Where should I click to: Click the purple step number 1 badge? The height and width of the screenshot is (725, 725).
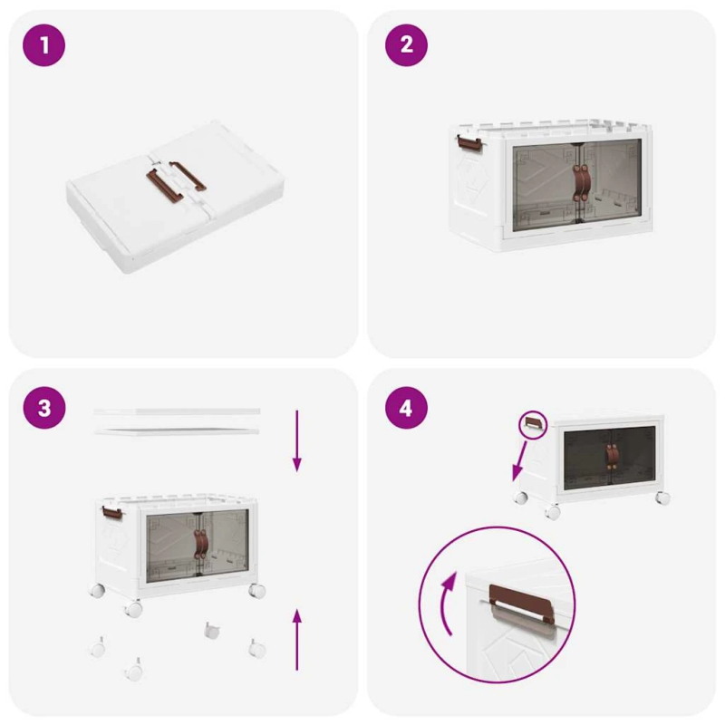click(x=43, y=44)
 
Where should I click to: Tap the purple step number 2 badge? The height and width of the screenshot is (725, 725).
click(x=406, y=44)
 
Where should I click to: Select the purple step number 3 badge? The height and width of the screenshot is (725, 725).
click(x=43, y=408)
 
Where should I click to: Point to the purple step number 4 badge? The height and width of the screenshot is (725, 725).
click(x=406, y=408)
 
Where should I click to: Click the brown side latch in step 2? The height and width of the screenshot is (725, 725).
click(x=468, y=143)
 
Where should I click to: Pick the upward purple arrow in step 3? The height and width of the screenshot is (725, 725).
click(x=296, y=639)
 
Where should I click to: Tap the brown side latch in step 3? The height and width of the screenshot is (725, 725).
click(x=111, y=513)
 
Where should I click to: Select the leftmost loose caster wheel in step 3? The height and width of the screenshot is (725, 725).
click(x=96, y=647)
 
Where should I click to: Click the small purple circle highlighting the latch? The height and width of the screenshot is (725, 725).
click(x=533, y=423)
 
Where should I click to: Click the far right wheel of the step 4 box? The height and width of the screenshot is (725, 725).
click(x=662, y=498)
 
